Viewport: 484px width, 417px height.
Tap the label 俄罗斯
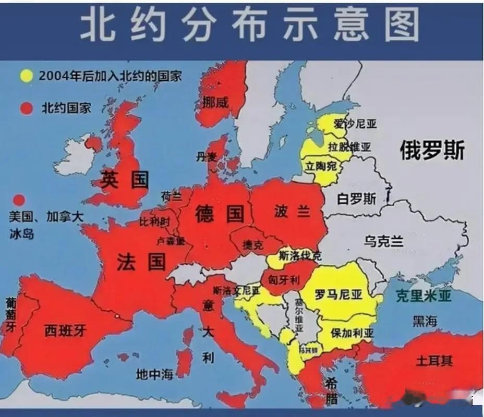[x=432, y=151]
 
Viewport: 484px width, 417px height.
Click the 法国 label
[x=141, y=261]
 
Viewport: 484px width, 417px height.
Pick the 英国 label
[x=125, y=180]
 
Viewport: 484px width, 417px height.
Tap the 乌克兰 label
[x=384, y=241]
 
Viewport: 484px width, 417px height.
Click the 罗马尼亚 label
[x=338, y=295]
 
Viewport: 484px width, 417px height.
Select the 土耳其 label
[x=434, y=360]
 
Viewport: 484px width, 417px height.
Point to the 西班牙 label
[x=65, y=330]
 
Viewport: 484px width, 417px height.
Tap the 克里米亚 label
[x=423, y=296]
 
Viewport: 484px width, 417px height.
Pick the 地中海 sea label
[x=154, y=374]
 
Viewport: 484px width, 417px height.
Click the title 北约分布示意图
[x=249, y=25]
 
